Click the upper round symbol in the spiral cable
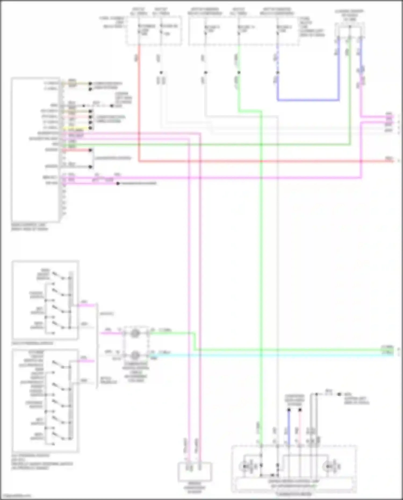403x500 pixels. click(135, 333)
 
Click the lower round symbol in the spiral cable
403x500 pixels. click(135, 355)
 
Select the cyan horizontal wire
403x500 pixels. click(269, 355)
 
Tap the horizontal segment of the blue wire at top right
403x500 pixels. click(308, 100)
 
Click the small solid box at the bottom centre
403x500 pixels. click(195, 472)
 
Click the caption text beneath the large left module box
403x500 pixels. click(30, 227)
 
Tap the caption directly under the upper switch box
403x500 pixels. click(32, 343)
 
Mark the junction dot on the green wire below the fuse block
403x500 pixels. click(239, 73)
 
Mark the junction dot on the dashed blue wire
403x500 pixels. click(278, 73)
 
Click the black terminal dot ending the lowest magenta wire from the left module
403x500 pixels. click(118, 184)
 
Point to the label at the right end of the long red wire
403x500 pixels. click(389, 159)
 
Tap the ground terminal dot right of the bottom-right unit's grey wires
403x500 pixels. click(339, 394)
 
